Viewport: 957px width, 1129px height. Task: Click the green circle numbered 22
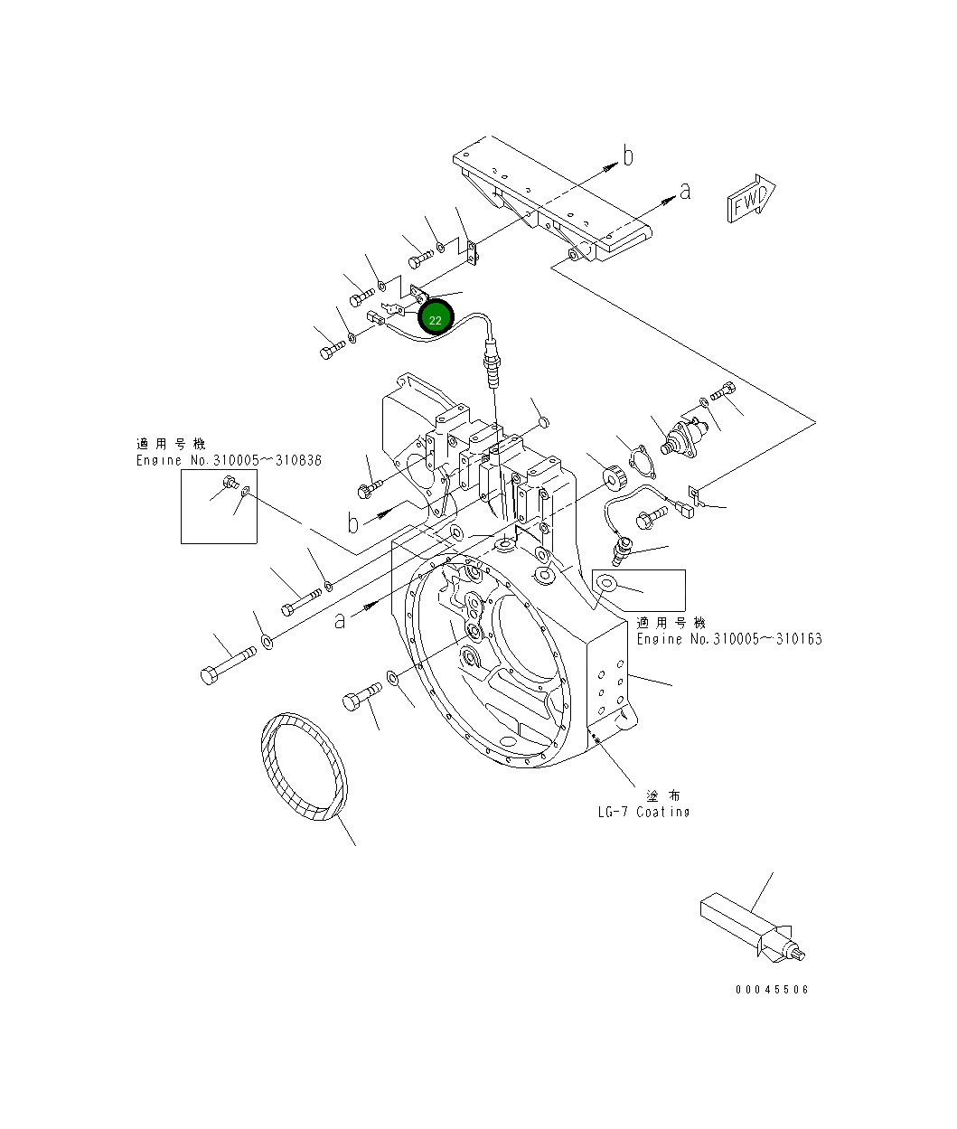click(x=435, y=319)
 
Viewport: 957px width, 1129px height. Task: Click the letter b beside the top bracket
click(x=628, y=156)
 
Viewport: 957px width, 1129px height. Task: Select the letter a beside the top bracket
click(x=686, y=191)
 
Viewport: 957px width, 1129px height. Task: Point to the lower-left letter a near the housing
click(x=340, y=620)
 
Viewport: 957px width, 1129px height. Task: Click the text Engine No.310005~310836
click(x=229, y=460)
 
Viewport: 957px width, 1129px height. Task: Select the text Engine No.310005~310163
click(x=728, y=639)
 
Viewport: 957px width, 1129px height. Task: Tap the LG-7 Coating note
click(x=643, y=811)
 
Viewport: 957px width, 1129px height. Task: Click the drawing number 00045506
click(x=772, y=989)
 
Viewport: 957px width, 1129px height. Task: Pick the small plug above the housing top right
click(x=544, y=422)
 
